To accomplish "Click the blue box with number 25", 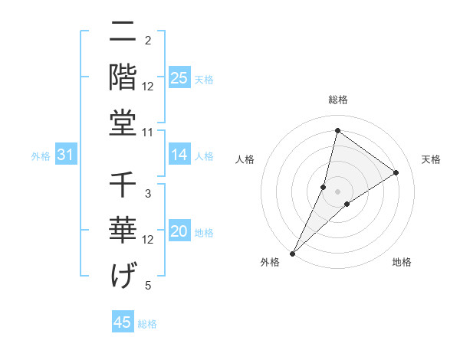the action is click(179, 78).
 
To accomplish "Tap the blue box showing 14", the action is click(179, 155).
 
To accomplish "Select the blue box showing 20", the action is click(179, 232).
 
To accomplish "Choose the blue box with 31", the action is click(65, 155).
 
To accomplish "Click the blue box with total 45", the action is click(122, 322).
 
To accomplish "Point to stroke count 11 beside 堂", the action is click(149, 133).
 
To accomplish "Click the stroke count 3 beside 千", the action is click(148, 193).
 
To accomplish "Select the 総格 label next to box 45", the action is click(147, 324).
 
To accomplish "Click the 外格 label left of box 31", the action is click(41, 156).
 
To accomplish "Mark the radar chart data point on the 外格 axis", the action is click(293, 253).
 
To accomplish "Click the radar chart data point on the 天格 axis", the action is click(396, 172).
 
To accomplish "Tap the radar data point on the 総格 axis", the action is click(337, 130).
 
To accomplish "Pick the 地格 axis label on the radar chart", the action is click(402, 263).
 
